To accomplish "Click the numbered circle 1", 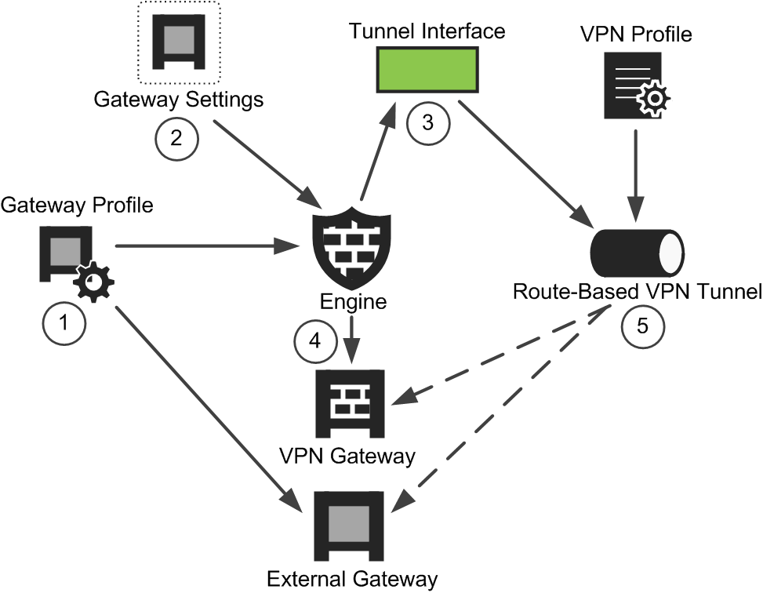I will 64,323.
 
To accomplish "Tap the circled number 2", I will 176,138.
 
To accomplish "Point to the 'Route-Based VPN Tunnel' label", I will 637,293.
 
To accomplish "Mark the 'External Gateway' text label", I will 351,580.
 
